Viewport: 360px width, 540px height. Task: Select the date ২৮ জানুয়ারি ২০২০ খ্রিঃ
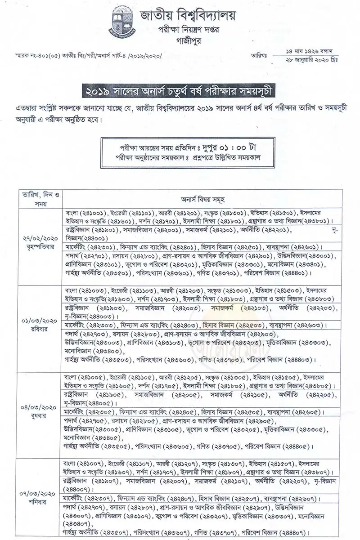[x=311, y=59]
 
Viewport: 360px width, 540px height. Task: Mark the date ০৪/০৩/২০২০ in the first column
[x=40, y=407]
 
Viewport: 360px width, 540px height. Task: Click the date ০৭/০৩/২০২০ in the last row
[x=40, y=494]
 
